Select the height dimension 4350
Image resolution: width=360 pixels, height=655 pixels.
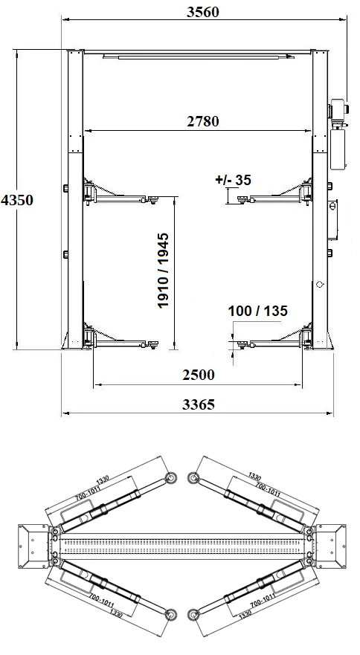tap(16, 200)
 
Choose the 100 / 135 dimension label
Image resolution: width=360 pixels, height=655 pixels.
tap(257, 311)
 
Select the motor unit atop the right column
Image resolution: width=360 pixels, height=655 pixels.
tap(339, 109)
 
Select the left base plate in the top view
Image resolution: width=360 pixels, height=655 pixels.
tap(31, 546)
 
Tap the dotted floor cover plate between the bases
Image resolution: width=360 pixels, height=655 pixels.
tap(182, 546)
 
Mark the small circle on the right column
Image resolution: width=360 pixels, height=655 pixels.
tap(319, 283)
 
